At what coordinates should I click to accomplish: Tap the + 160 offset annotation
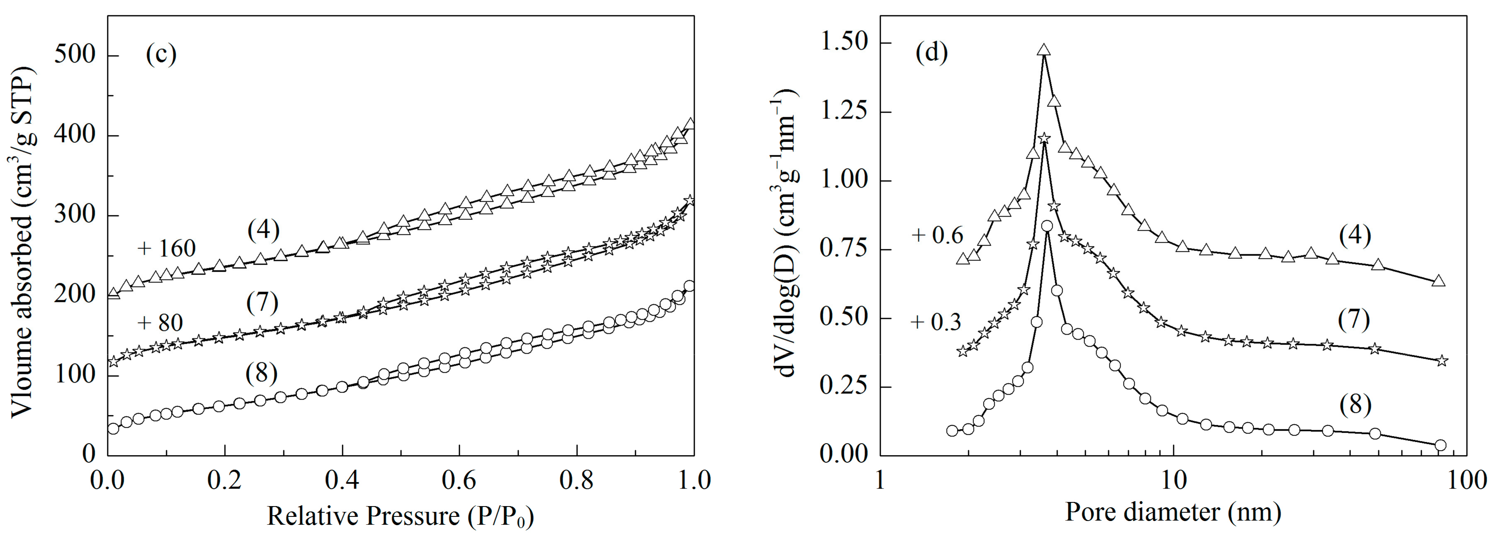click(x=166, y=248)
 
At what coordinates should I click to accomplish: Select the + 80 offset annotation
click(x=160, y=323)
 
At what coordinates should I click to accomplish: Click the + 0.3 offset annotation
click(x=936, y=322)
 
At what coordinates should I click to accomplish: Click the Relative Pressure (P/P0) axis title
click(x=400, y=516)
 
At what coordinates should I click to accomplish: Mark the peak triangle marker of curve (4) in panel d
click(x=1044, y=51)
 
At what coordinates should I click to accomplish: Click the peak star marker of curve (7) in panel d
click(x=1044, y=138)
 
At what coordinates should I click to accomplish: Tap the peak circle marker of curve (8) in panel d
click(x=1047, y=225)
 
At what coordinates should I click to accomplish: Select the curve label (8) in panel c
click(x=262, y=373)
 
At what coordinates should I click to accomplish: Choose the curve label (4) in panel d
click(x=1355, y=235)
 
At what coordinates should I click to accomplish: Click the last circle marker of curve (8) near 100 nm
click(x=1440, y=446)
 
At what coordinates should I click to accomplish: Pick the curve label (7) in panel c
click(x=262, y=303)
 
